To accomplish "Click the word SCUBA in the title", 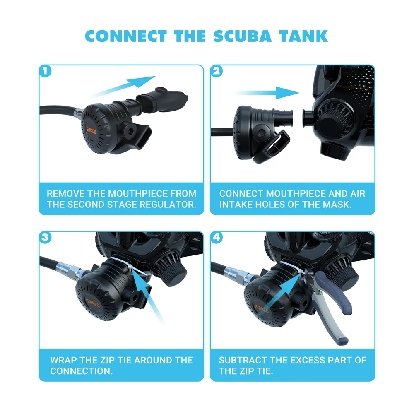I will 243,36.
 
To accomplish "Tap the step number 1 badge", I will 45,71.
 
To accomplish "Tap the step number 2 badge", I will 216,71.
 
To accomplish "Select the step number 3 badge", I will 45,237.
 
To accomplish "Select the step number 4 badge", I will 216,237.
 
